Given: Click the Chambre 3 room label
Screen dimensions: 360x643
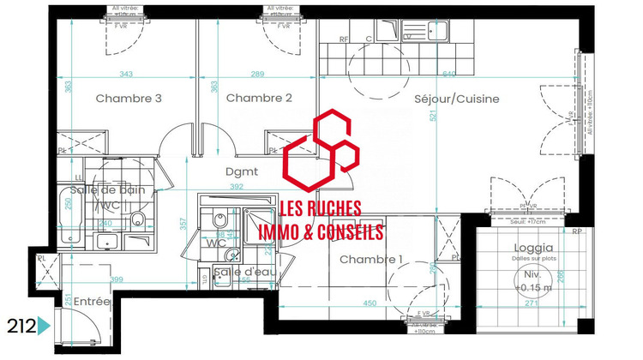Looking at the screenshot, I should (129, 99).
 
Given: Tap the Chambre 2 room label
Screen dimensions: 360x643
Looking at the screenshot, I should (259, 99).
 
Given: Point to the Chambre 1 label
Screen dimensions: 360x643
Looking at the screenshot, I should (371, 260).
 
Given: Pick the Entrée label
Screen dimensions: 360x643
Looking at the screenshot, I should (92, 302).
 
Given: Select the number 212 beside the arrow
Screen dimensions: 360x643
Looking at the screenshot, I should (21, 326).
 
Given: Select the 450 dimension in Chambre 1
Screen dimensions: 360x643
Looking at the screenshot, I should (370, 303).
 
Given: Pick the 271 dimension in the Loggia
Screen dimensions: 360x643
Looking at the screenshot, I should (531, 304).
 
